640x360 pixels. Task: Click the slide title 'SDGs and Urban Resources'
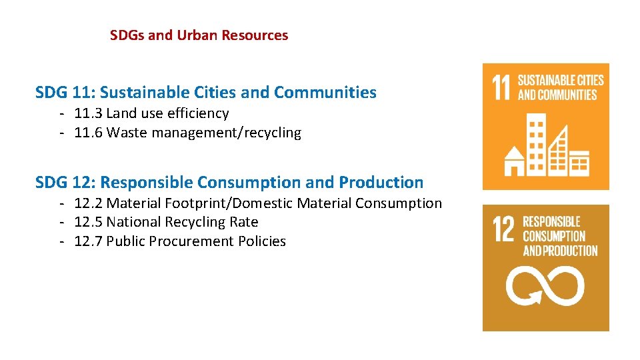coord(199,35)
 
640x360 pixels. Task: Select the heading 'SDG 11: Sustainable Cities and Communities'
coord(205,93)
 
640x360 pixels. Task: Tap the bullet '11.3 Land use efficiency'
coord(151,113)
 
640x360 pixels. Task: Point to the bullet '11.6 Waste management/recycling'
coord(187,133)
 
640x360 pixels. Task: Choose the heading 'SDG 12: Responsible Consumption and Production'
coord(229,182)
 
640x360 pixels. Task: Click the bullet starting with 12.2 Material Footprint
coord(258,203)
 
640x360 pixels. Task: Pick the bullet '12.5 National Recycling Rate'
coord(166,222)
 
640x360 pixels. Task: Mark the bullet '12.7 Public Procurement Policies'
coord(180,241)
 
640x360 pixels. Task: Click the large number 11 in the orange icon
coord(500,87)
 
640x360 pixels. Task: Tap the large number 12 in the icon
coord(503,229)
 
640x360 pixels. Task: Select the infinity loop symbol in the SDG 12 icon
coord(545,286)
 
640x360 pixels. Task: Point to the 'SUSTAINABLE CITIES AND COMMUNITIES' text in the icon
coord(561,87)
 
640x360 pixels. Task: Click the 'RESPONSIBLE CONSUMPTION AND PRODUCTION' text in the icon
coord(560,236)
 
